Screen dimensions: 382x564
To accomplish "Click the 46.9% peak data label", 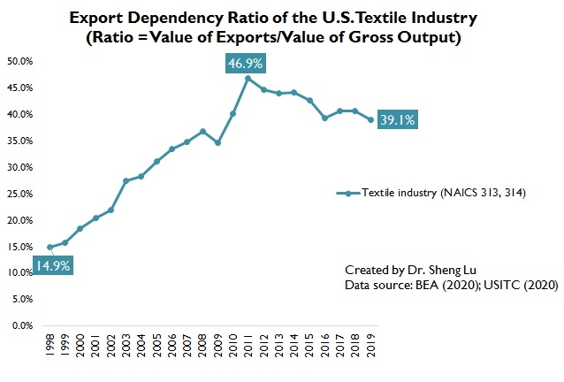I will [x=247, y=64].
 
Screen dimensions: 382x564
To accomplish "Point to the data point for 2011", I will [x=248, y=78].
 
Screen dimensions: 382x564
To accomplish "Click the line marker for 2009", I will [x=217, y=142].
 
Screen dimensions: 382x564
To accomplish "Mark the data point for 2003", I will [x=126, y=180].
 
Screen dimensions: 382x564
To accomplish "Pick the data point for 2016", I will [x=324, y=118].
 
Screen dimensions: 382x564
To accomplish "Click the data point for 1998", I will [x=50, y=247].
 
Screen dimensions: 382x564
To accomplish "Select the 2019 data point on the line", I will [x=370, y=119].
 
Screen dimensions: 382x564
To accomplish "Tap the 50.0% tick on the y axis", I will [x=20, y=61].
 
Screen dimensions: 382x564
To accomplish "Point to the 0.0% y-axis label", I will [x=22, y=325].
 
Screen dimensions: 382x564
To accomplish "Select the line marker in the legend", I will [x=347, y=194].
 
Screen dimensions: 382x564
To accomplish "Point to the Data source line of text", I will [x=438, y=286].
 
